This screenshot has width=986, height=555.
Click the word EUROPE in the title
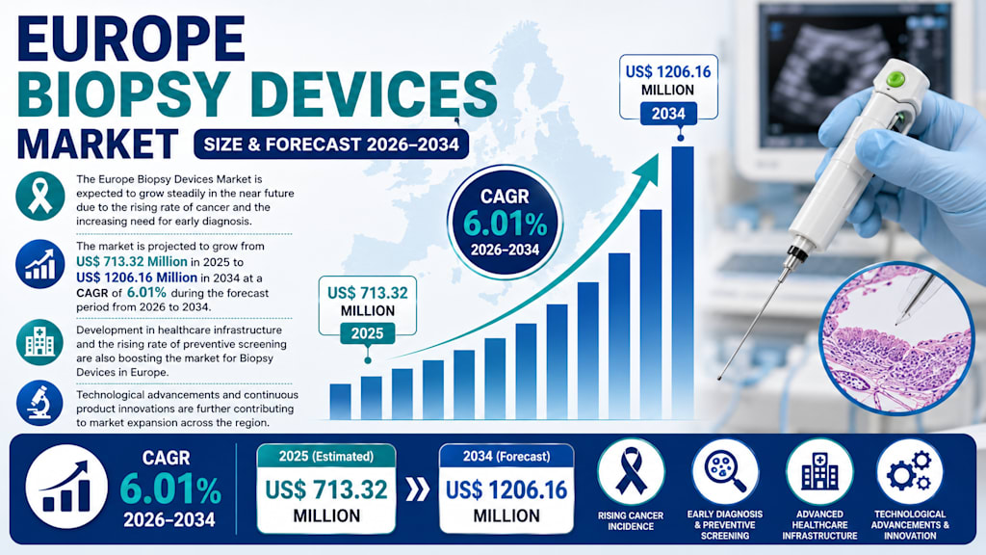131,39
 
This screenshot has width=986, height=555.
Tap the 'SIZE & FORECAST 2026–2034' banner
331,145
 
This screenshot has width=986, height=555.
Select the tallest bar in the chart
683,282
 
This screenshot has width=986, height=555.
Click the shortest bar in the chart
340,402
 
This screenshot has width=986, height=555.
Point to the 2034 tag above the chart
668,114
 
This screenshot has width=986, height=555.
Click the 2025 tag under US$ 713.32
367,332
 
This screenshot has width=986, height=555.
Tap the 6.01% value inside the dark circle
505,223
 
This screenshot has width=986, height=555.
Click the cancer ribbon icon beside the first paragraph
40,197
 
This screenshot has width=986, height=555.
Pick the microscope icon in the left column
39,404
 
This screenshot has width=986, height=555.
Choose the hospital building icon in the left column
39,342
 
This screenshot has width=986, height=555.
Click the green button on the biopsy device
895,80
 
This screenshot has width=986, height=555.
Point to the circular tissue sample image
896,339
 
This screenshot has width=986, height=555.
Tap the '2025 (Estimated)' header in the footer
326,456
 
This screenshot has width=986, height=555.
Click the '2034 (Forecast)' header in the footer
506,456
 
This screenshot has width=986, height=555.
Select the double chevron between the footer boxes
417,489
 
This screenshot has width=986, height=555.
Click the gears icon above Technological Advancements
909,472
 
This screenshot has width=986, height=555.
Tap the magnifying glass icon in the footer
725,472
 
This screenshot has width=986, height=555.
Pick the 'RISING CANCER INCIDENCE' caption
630,520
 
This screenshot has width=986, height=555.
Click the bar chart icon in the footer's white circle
66,487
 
